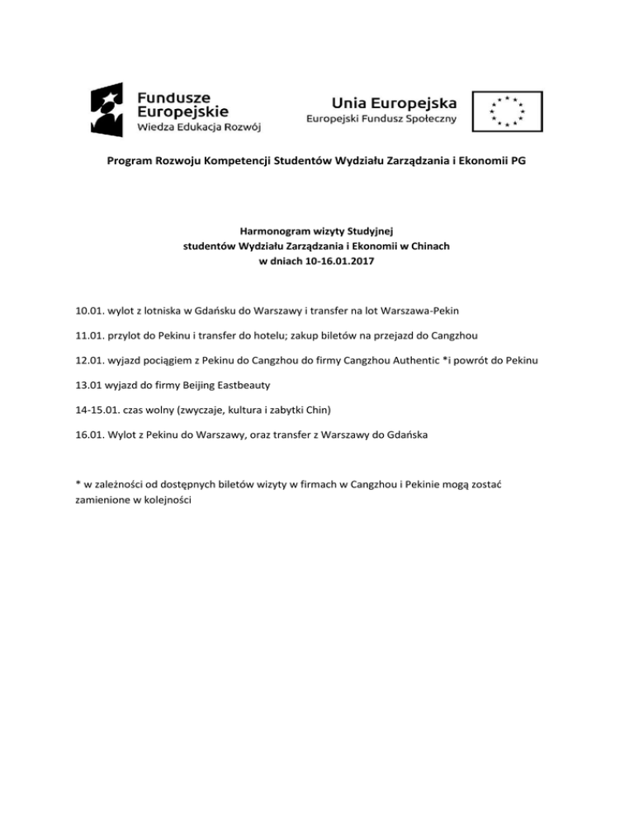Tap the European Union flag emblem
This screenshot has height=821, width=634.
click(508, 110)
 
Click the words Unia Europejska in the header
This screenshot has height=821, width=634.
click(394, 102)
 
